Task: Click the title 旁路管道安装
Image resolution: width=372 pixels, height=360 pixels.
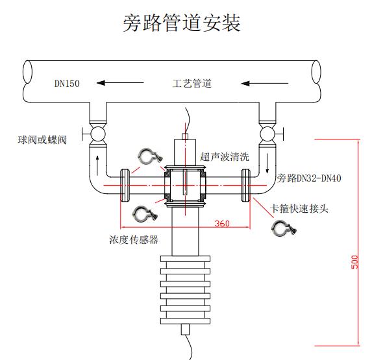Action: (x=182, y=23)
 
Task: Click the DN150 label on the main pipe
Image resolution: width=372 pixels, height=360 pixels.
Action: (x=67, y=84)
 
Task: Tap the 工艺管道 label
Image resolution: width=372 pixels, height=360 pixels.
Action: (x=192, y=84)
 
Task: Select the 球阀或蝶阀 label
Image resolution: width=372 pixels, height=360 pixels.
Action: (x=42, y=140)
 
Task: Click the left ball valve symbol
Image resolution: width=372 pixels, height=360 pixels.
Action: (x=97, y=134)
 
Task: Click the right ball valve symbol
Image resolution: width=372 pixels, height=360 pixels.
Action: (x=268, y=134)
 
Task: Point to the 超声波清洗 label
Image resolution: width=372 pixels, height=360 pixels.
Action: (x=225, y=157)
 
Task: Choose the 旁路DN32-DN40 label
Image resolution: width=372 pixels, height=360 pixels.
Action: (x=309, y=178)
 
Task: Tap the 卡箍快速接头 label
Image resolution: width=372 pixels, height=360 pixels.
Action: (x=299, y=209)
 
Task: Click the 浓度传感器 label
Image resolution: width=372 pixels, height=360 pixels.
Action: (x=134, y=239)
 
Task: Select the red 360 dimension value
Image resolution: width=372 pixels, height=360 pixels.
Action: (x=222, y=224)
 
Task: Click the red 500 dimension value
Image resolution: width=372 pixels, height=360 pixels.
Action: (x=354, y=262)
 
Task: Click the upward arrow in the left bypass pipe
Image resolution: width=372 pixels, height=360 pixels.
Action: (x=97, y=165)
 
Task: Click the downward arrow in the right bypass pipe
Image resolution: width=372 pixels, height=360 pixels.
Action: (x=267, y=163)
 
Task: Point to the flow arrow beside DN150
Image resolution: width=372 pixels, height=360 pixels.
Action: (x=120, y=83)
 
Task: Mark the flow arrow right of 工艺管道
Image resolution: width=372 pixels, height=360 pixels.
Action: (x=265, y=84)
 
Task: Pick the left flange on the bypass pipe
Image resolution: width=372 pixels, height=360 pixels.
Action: (x=125, y=186)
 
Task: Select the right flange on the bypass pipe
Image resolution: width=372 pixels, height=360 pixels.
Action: (x=245, y=186)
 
